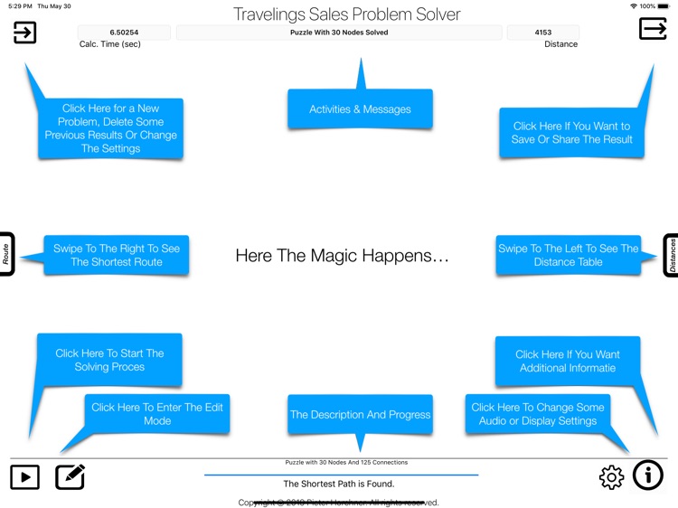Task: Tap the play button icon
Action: click(25, 476)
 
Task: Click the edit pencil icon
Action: click(70, 476)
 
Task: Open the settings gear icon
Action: click(612, 477)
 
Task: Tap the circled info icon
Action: click(648, 475)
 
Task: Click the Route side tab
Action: click(5, 254)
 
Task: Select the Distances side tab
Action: click(672, 255)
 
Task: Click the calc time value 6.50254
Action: click(124, 33)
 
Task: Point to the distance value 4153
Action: click(543, 33)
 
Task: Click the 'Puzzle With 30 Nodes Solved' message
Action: click(339, 33)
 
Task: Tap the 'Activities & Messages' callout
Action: click(360, 109)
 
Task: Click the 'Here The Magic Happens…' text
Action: click(342, 256)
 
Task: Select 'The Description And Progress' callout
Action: click(360, 415)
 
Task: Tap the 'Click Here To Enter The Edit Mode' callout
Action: click(157, 414)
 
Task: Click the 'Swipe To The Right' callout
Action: click(116, 255)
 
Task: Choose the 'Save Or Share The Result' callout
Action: click(572, 133)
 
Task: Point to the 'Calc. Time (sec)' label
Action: click(110, 44)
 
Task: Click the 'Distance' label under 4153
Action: click(560, 44)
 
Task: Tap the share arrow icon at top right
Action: click(653, 29)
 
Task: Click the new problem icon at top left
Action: click(25, 33)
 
